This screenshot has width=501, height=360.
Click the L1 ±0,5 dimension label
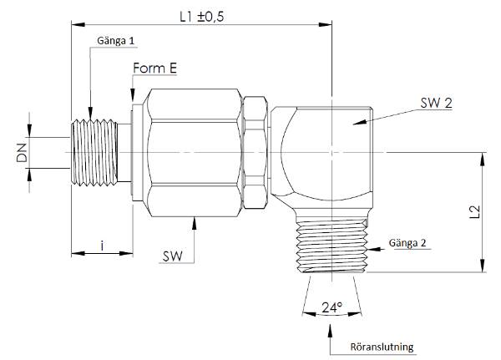tap(201, 17)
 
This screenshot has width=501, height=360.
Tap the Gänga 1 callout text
tap(116, 41)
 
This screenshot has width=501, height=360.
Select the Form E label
tap(154, 68)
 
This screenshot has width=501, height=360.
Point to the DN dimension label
tap(22, 153)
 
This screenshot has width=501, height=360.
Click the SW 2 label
tap(436, 103)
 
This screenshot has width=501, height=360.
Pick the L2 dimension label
tap(475, 212)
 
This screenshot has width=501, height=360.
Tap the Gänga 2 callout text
tap(407, 243)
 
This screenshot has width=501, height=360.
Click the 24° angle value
tap(331, 307)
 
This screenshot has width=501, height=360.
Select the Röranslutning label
tap(382, 347)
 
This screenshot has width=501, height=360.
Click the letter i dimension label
tap(102, 246)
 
